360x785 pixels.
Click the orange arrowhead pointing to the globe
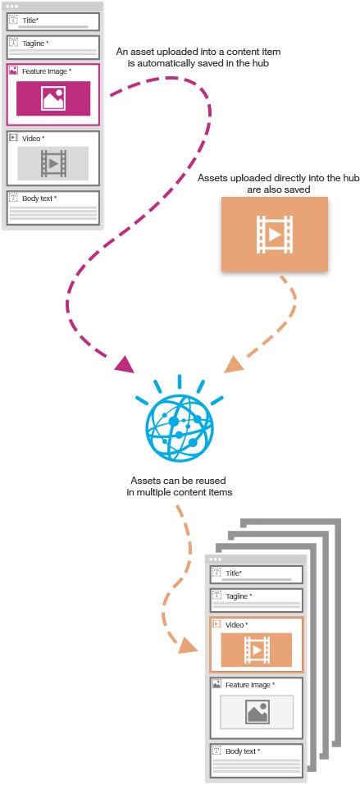(234, 363)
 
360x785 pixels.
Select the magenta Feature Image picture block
(53, 98)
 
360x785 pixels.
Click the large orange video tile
(275, 235)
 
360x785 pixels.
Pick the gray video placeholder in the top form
(53, 163)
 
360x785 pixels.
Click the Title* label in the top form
(30, 21)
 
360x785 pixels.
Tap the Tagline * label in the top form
(35, 43)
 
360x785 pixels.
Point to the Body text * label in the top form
(39, 199)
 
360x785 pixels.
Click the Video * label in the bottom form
(236, 625)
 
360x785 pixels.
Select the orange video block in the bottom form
(257, 650)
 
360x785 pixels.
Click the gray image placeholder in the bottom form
(257, 712)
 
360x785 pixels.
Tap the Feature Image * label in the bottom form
(250, 685)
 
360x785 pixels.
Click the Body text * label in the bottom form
(243, 751)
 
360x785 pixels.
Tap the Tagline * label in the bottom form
(239, 596)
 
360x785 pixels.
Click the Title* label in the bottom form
(234, 573)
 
